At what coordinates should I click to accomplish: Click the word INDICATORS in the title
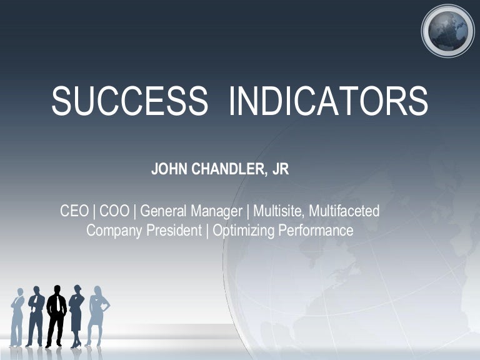[x=328, y=101]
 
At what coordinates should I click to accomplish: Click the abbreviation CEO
[x=74, y=211]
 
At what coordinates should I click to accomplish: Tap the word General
[x=162, y=211]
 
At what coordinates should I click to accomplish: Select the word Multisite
[x=279, y=211]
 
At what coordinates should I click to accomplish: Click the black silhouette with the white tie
[x=56, y=316]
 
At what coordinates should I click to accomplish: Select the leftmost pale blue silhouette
[x=17, y=316]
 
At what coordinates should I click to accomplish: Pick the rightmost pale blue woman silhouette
[x=97, y=316]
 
